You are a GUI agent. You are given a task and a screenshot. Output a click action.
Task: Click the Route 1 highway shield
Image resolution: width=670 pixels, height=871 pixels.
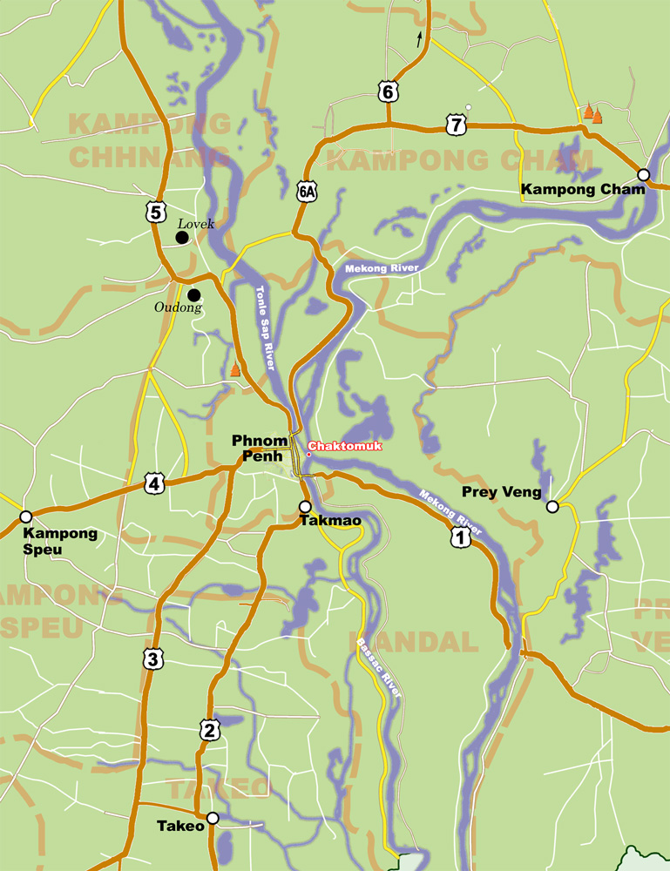tap(460, 539)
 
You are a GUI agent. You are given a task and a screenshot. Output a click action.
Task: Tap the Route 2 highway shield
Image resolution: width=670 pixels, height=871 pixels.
tap(209, 730)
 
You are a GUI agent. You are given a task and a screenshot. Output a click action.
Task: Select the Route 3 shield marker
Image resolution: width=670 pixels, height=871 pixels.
tap(152, 659)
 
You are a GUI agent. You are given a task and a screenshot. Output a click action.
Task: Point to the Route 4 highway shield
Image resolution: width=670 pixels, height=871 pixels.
tap(154, 483)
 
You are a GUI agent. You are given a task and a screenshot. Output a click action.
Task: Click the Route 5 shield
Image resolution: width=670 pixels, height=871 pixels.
tap(155, 211)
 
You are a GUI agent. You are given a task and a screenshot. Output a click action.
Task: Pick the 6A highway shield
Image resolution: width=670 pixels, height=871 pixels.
tap(305, 192)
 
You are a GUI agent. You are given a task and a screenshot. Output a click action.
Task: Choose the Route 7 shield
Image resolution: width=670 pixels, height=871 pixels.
tap(456, 126)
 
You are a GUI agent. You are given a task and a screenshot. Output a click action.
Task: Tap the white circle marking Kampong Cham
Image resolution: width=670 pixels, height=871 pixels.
tap(643, 174)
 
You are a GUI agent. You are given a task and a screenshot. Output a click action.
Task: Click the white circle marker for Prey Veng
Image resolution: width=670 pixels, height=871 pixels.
tap(552, 506)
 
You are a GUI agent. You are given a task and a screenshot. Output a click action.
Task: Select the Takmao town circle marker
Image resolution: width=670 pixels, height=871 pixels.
tap(305, 506)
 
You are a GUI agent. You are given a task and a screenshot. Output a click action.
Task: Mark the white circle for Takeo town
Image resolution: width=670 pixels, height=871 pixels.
tap(212, 819)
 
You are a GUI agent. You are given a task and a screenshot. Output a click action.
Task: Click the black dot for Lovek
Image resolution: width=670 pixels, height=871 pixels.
tap(182, 237)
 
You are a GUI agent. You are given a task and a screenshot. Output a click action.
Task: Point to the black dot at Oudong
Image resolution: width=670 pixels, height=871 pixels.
tap(193, 294)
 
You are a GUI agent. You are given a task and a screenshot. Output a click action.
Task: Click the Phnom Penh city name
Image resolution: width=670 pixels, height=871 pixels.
tap(259, 449)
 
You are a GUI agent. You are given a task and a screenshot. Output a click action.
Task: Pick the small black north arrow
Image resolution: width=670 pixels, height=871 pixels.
tap(419, 38)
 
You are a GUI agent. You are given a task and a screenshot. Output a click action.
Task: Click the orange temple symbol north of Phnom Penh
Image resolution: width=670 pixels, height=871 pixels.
tap(234, 370)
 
